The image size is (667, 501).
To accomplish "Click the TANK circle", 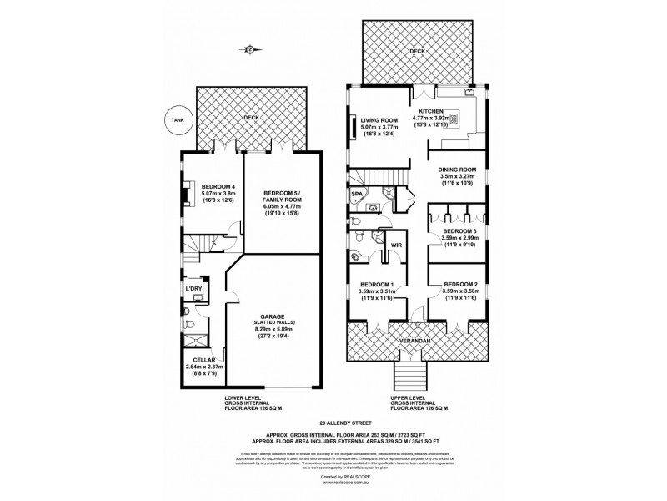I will [176, 119].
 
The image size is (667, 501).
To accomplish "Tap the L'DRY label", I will [193, 288].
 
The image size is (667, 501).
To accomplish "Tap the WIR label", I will [397, 245].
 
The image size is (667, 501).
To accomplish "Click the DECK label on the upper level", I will [417, 51].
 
